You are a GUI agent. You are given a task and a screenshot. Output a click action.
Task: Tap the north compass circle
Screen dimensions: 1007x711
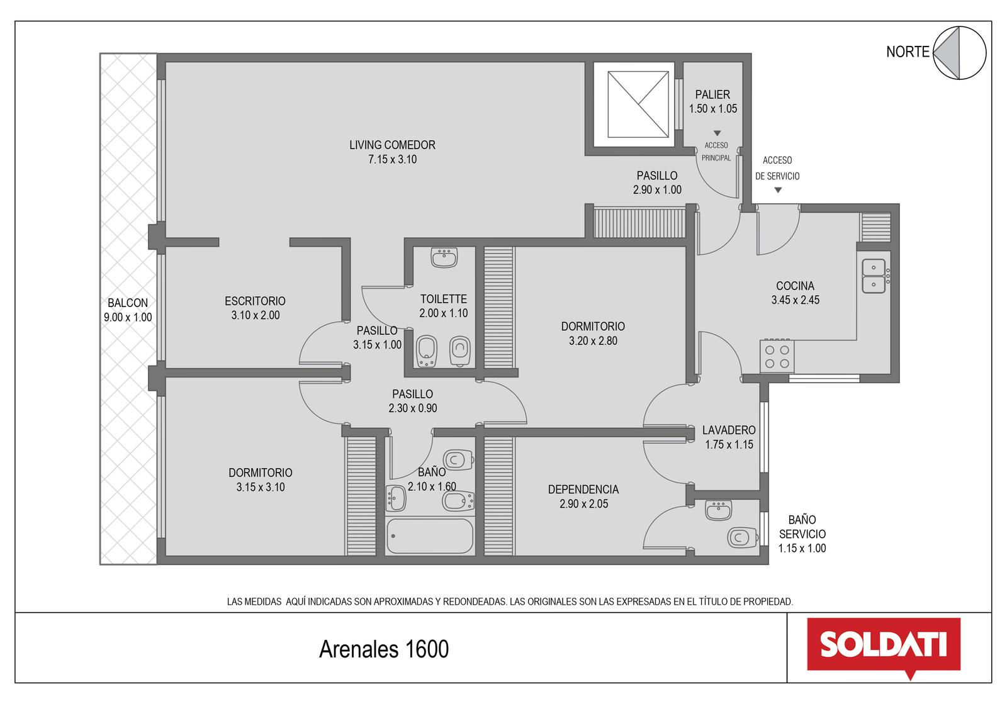click(959, 53)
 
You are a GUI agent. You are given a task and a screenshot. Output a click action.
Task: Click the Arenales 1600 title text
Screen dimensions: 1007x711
click(384, 649)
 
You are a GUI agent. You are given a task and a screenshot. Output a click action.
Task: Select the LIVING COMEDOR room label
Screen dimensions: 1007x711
click(392, 145)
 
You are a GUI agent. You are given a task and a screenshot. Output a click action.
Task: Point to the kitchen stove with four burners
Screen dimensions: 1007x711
click(777, 356)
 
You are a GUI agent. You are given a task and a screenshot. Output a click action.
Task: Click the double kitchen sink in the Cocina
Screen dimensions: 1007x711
click(874, 276)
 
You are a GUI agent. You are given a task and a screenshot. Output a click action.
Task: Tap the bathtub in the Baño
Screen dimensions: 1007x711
click(429, 536)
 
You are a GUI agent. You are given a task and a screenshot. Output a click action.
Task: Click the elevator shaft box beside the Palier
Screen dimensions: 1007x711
click(638, 104)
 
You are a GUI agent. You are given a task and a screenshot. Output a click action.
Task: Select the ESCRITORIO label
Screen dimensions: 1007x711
click(255, 301)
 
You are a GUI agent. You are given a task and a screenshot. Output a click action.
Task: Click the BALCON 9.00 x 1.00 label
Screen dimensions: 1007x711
click(128, 310)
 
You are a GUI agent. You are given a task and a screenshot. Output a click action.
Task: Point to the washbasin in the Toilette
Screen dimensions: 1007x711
click(444, 257)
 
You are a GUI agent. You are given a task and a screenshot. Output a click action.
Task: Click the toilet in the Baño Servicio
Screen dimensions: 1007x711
click(742, 537)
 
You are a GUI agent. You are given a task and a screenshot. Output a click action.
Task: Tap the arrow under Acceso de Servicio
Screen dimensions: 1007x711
click(778, 190)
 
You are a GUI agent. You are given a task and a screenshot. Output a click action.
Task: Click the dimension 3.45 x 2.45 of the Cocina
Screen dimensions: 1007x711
click(796, 300)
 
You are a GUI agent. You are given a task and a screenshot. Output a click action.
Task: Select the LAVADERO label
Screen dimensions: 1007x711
click(729, 430)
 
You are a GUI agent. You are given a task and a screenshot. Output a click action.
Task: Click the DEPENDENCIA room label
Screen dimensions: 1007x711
click(583, 490)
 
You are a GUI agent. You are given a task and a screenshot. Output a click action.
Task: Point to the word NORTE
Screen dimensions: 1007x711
click(908, 52)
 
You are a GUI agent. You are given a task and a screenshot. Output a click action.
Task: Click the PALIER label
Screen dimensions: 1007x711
click(712, 94)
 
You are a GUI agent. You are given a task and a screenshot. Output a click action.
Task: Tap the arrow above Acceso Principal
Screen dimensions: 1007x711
click(717, 133)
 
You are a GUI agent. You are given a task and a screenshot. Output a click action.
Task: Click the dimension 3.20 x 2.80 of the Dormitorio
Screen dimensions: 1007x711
click(593, 340)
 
